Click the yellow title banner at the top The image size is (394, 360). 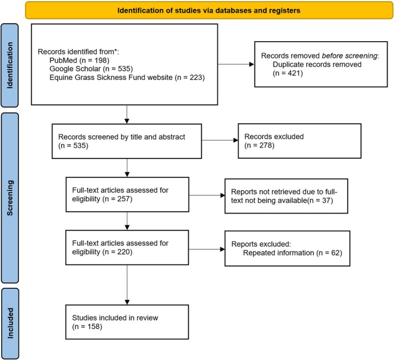[209, 11]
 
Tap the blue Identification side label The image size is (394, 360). [10, 66]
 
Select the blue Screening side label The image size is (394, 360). [10, 198]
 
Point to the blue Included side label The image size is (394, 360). [10, 323]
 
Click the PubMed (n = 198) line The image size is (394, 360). [79, 61]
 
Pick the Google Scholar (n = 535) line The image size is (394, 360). [91, 69]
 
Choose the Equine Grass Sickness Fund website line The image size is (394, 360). [127, 77]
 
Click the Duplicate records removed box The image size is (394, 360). [321, 64]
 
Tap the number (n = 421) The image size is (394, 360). [288, 73]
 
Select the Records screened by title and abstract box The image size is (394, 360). [127, 141]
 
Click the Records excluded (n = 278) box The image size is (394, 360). [300, 141]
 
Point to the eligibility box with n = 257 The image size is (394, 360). [127, 194]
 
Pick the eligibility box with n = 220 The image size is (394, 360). [127, 247]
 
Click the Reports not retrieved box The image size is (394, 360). [286, 196]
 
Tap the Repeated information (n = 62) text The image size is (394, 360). [292, 253]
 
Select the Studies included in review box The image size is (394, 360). [127, 322]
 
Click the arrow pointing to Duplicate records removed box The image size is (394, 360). [236, 64]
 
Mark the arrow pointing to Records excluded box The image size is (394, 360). [220, 140]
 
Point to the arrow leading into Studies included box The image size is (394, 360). [127, 285]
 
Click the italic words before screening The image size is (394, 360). [350, 56]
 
